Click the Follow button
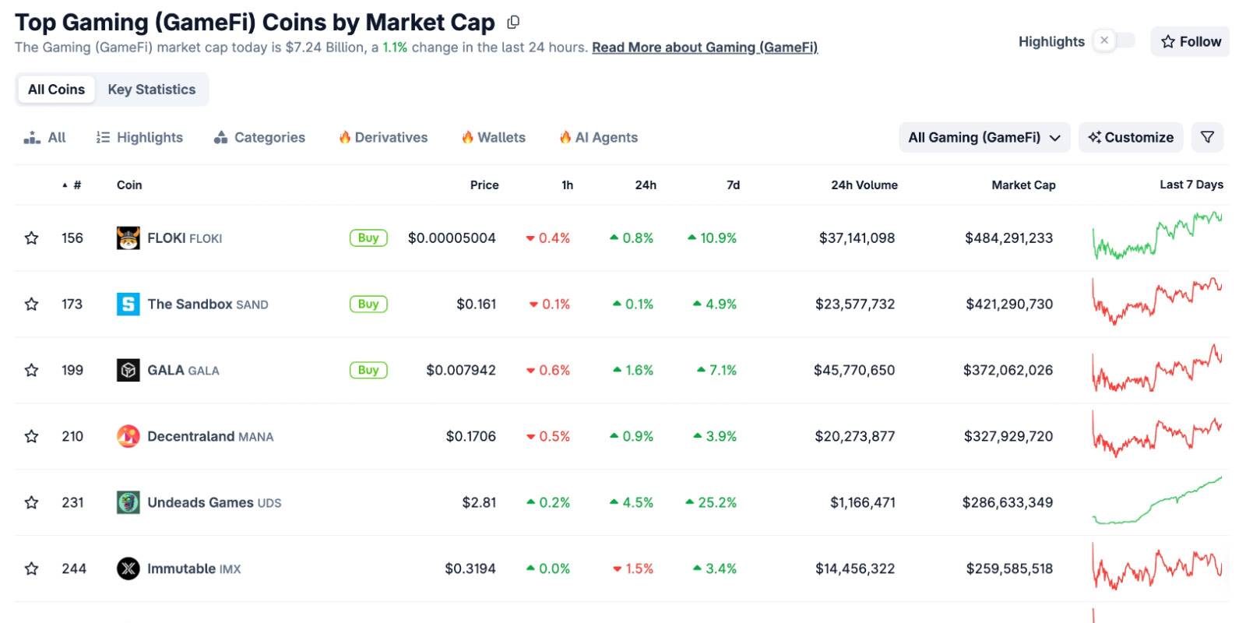coord(1190,41)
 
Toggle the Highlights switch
coord(1114,40)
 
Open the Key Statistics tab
coord(152,90)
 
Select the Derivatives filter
coord(383,138)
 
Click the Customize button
coord(1131,138)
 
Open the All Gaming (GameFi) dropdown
coord(984,138)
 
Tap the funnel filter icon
coord(1207,138)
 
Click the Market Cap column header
coord(1023,185)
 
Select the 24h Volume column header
coord(864,185)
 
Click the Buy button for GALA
coord(368,370)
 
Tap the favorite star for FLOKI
coord(31,238)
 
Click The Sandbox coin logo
coord(128,304)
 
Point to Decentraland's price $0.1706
coord(470,436)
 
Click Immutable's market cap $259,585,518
coord(1009,568)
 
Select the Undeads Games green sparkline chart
coord(1156,502)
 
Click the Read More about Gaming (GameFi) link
coord(705,48)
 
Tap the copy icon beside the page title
coord(513,23)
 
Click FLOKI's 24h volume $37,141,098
coord(857,238)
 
